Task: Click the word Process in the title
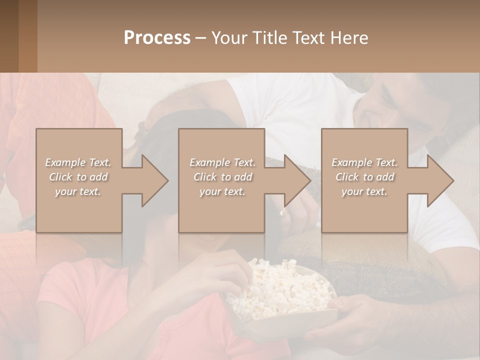[x=157, y=37]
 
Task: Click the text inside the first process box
[x=78, y=176]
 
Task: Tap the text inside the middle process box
[x=222, y=176]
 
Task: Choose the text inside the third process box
[x=364, y=176]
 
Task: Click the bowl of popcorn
[x=280, y=295]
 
